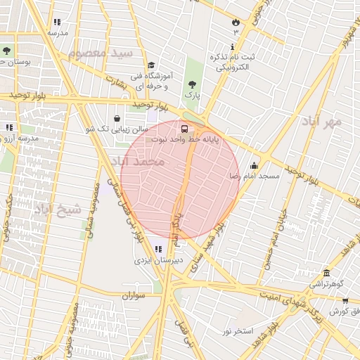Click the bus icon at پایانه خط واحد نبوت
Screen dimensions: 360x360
point(184,129)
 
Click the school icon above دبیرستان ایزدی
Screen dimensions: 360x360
point(159,249)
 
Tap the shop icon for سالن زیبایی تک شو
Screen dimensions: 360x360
point(117,119)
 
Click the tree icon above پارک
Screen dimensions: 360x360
point(192,84)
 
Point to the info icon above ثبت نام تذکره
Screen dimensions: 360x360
point(233,46)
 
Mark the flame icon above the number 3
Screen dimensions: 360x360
point(234,22)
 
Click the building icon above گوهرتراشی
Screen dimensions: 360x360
point(326,273)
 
